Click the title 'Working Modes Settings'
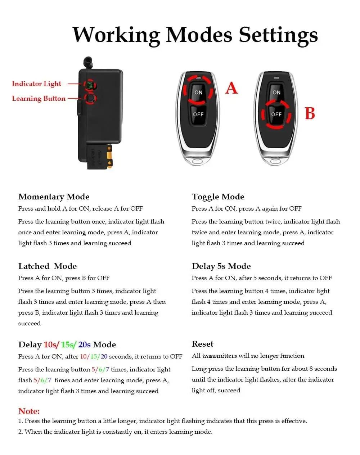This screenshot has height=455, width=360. coord(195,35)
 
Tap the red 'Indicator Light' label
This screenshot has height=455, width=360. coord(36,84)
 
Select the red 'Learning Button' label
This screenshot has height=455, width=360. coord(39,99)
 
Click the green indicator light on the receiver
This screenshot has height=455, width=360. coord(89,85)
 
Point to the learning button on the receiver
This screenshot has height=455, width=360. coord(90,98)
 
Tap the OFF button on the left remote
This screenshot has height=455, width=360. coord(198,114)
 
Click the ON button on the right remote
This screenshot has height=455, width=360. coord(276,93)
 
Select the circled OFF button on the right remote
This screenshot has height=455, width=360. coord(276,114)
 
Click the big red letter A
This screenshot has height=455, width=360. coord(231,88)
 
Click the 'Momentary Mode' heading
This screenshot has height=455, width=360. coord(54,197)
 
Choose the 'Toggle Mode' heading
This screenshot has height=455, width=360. coord(218,197)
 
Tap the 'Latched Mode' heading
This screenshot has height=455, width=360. coord(48,266)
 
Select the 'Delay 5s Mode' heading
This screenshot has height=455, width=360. coord(221,266)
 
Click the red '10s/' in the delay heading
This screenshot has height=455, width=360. coord(51,345)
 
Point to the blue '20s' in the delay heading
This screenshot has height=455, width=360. coord(84,345)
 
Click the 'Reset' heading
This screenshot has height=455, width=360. coord(202,344)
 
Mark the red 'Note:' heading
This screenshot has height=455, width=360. coord(29,411)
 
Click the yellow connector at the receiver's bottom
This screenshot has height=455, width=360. coord(110,158)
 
